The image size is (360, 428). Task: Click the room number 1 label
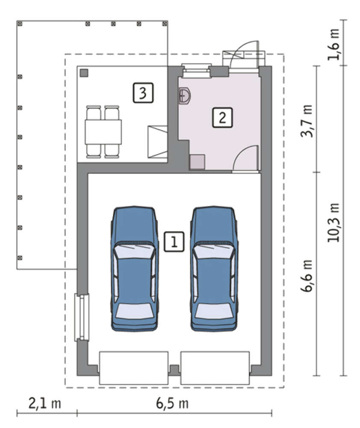pos(174,241)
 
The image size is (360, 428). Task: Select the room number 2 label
pos(222,118)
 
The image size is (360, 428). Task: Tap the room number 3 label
pos(143,93)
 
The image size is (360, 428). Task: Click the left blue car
pos(134,269)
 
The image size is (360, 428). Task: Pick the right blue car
pos(214,269)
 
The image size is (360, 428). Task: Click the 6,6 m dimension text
pos(307,276)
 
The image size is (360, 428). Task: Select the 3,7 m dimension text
pos(307,121)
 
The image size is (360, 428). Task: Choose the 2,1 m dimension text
pos(45,404)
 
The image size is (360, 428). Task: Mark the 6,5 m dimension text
pos(172,404)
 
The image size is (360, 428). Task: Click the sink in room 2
pos(185,95)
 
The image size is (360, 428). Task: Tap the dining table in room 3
pos(103,132)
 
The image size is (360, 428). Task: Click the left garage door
pos(134,368)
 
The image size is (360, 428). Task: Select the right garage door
pos(215,368)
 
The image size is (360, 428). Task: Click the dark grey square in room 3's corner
pos(84,73)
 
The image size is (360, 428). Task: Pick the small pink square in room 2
pos(197,162)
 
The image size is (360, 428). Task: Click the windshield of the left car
pos(134,250)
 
